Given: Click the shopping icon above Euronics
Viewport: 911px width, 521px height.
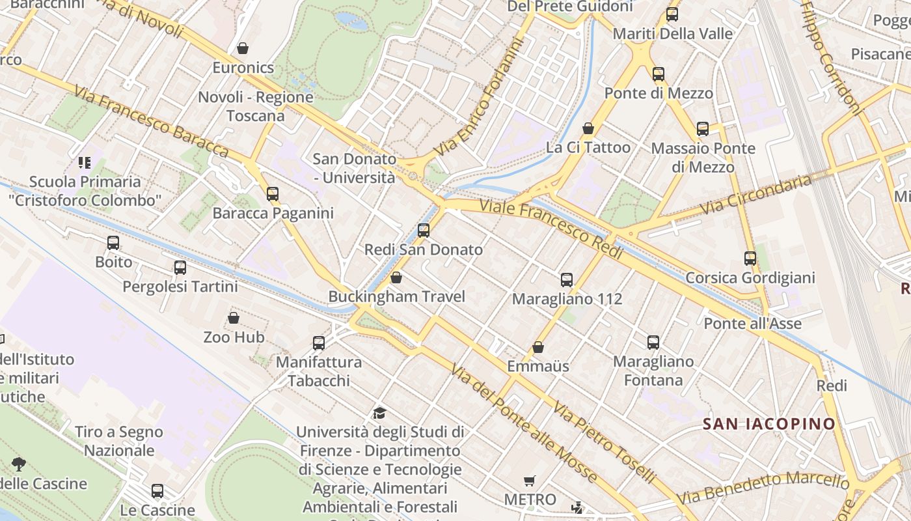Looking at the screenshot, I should tap(243, 48).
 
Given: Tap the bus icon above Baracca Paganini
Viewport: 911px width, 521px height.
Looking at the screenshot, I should tap(273, 193).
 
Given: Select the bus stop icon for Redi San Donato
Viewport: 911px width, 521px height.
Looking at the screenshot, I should tap(424, 230).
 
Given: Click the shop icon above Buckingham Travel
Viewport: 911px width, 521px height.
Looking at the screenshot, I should tap(396, 278).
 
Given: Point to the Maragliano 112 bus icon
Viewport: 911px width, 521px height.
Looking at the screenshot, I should tap(567, 280).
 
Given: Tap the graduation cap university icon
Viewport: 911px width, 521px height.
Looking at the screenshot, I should tap(379, 413).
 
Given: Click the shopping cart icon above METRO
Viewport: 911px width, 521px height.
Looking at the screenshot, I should tap(530, 481).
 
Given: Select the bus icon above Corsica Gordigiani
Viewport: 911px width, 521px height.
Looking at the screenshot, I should tap(750, 259).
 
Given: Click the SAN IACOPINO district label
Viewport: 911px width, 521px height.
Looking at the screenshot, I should tap(768, 424).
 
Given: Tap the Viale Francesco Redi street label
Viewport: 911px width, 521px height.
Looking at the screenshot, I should tap(552, 229).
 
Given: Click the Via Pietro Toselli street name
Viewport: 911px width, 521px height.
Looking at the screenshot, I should tap(604, 444).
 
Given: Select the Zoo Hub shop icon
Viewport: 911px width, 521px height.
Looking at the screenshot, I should tap(234, 318).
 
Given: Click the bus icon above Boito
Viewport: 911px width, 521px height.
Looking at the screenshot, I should tap(113, 243).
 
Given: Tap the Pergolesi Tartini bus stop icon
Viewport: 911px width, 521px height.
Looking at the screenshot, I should tap(180, 268).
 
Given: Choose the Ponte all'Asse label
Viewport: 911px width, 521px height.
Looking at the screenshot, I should tap(753, 324).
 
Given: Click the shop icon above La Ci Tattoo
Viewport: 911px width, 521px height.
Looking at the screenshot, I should tap(588, 128).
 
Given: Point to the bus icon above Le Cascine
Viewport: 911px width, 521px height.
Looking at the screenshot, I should tap(157, 491).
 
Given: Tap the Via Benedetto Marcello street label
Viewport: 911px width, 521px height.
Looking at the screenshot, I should tap(763, 488).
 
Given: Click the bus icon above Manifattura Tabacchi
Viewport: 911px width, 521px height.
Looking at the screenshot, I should tap(319, 343).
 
